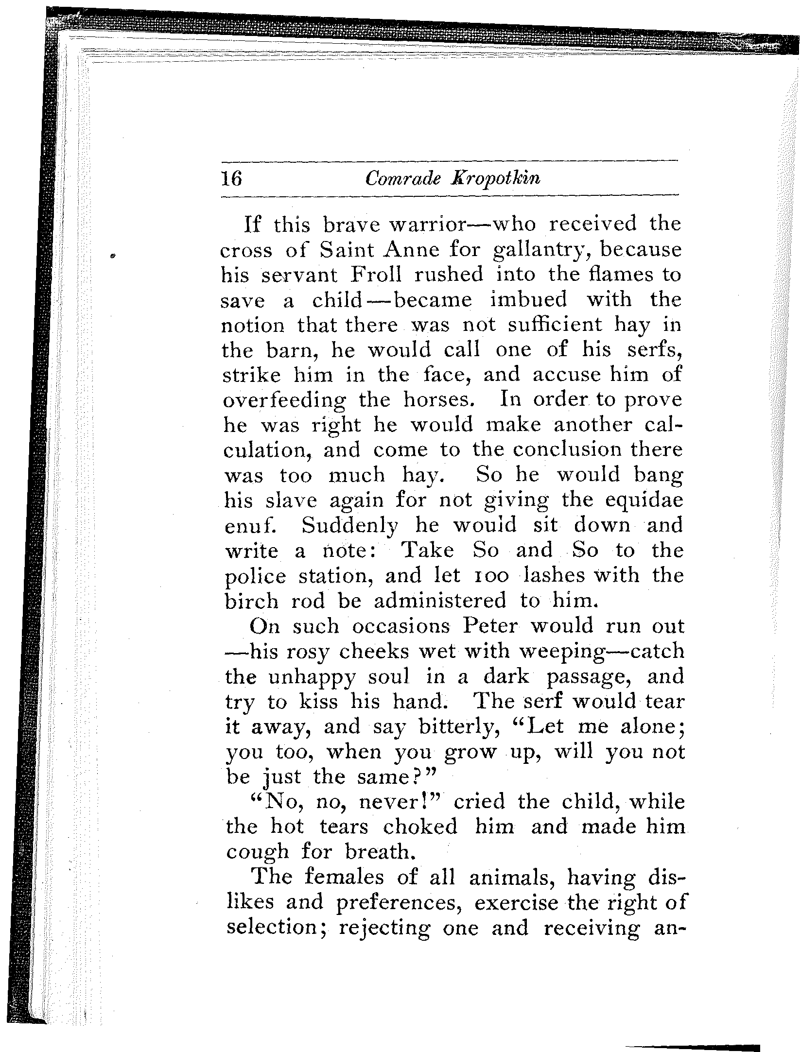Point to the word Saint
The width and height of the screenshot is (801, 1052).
pos(348,250)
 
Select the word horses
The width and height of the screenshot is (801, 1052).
pos(438,400)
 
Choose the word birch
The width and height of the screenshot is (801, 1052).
pos(252,601)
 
